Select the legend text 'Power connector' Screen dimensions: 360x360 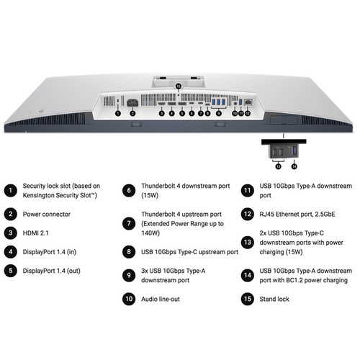tap(47, 214)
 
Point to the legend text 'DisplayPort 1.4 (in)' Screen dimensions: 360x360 tap(52, 252)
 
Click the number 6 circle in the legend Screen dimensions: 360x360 tap(129, 190)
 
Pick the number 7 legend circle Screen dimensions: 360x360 tap(129, 224)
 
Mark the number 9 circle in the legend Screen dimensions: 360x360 tap(129, 274)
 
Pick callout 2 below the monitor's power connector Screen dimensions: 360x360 tap(132, 114)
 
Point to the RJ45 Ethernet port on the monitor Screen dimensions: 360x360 tap(248, 103)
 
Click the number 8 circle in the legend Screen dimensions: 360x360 tap(129, 252)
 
